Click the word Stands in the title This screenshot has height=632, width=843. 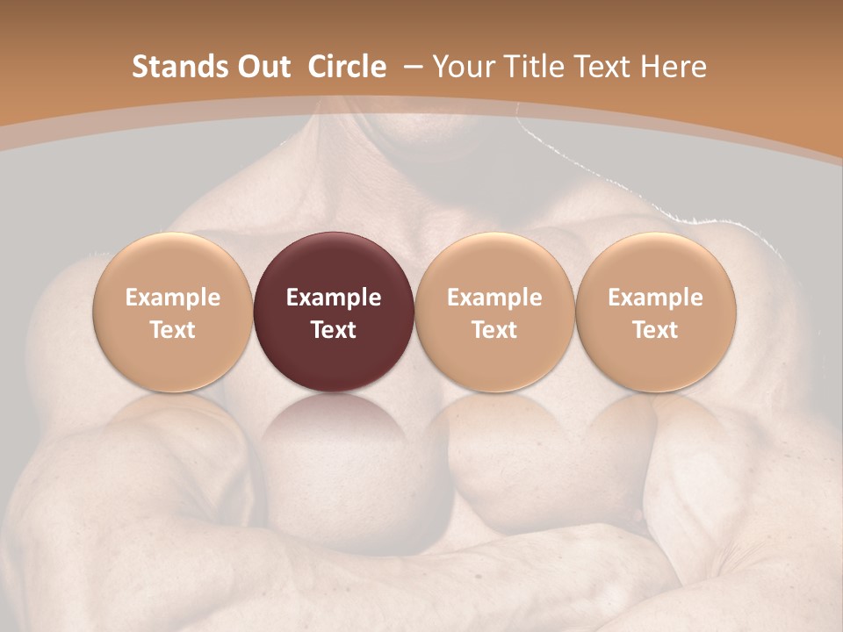tap(178, 67)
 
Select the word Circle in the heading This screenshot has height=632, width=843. tap(347, 67)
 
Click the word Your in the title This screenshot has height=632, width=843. tap(463, 67)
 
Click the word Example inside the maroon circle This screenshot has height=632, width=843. tap(334, 298)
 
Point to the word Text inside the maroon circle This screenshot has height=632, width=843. tap(334, 330)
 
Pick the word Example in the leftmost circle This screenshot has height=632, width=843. tap(172, 298)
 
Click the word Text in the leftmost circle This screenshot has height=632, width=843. tap(172, 330)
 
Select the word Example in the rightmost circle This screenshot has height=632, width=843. tap(656, 298)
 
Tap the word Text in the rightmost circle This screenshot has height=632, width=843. tap(656, 330)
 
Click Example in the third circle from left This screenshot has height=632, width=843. tap(494, 298)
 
